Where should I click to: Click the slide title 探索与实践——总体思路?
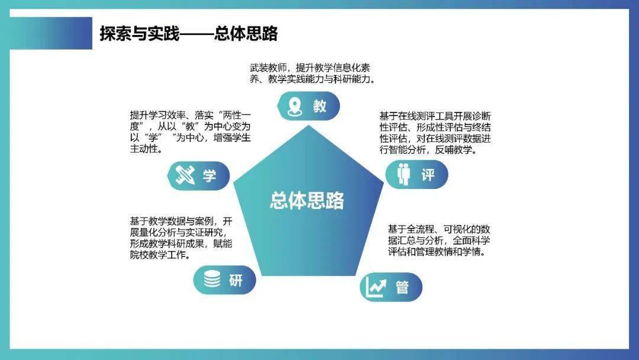[189, 33]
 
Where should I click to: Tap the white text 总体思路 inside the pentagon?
[307, 201]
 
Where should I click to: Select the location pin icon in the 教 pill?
[294, 107]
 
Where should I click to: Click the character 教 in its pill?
[320, 107]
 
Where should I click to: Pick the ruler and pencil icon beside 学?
[185, 176]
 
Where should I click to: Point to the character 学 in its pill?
[209, 176]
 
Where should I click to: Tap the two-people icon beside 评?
[404, 174]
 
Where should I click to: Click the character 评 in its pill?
[428, 175]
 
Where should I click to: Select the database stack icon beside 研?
[212, 279]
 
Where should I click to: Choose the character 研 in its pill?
[235, 280]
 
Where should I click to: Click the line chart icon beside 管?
[376, 287]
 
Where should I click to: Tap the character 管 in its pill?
[402, 287]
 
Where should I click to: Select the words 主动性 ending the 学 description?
[144, 149]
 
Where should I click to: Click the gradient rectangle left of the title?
[51, 33]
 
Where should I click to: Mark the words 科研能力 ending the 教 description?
[352, 79]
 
